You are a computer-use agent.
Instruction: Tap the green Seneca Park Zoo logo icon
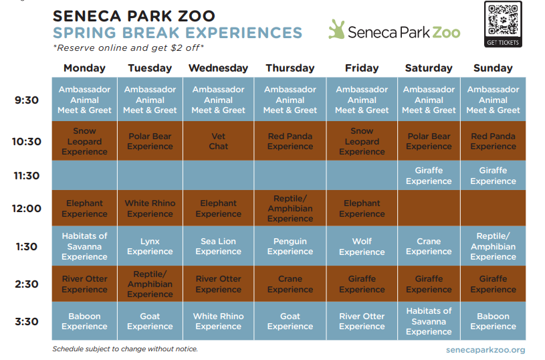pyautogui.click(x=336, y=29)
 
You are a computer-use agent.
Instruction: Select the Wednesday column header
pyautogui.click(x=218, y=68)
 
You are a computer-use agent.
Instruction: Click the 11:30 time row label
pyautogui.click(x=27, y=176)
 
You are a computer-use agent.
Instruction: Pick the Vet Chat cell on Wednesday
pyautogui.click(x=218, y=141)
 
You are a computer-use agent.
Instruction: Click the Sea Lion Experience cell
pyautogui.click(x=218, y=246)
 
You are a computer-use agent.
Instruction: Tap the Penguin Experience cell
pyautogui.click(x=290, y=246)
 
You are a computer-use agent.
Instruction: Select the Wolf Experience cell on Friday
pyautogui.click(x=362, y=246)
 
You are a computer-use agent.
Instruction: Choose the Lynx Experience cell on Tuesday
pyautogui.click(x=150, y=246)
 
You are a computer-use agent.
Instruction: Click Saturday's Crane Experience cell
pyautogui.click(x=429, y=246)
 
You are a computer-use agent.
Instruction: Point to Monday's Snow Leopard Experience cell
pyautogui.click(x=84, y=141)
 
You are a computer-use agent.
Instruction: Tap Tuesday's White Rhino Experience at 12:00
pyautogui.click(x=150, y=208)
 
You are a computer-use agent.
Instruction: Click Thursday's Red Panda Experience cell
pyautogui.click(x=290, y=141)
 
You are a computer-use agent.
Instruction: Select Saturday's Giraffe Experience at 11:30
pyautogui.click(x=429, y=176)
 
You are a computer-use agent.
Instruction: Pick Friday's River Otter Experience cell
pyautogui.click(x=362, y=321)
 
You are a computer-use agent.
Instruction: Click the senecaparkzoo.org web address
pyautogui.click(x=485, y=349)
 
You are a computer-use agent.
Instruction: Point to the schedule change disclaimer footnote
pyautogui.click(x=125, y=349)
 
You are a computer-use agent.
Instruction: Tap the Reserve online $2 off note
pyautogui.click(x=128, y=48)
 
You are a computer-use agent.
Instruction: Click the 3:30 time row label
pyautogui.click(x=27, y=321)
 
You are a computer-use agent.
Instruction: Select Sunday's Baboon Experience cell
pyautogui.click(x=494, y=321)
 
